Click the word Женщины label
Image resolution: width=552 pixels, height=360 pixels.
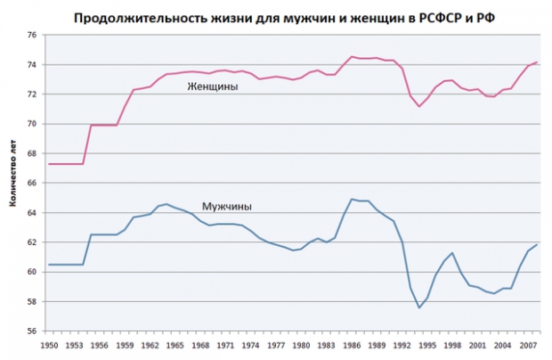point(213,86)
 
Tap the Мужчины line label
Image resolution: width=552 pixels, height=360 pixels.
point(227,206)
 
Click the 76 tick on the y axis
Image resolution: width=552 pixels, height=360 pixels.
point(32,36)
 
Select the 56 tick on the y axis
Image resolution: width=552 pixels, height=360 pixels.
point(32,331)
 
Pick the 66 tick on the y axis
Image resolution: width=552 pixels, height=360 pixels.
point(32,183)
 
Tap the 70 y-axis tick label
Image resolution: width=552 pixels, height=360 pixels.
point(32,124)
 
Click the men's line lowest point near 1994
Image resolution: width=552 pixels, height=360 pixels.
point(419,307)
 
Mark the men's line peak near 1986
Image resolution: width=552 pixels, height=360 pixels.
point(352,199)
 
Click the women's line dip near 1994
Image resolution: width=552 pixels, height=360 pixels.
point(419,107)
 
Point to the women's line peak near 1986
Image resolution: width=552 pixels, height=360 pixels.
point(352,56)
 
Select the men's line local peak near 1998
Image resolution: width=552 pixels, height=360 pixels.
point(453,253)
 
